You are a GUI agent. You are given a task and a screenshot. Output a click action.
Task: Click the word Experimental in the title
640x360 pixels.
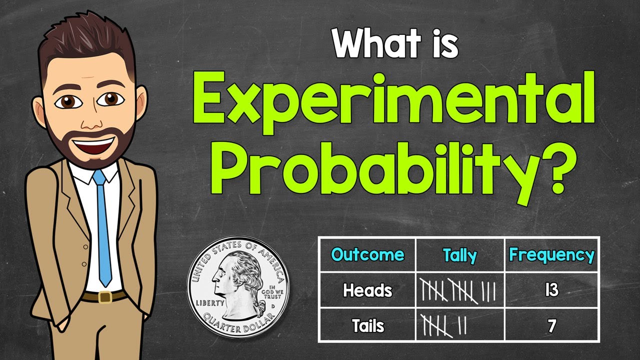click(x=393, y=99)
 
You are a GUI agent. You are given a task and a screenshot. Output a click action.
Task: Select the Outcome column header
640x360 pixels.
click(x=367, y=255)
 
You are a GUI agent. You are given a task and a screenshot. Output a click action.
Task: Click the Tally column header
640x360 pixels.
click(x=460, y=255)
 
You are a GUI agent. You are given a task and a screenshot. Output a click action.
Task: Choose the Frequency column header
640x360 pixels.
click(x=551, y=255)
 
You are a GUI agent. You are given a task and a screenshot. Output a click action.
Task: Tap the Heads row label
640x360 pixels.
click(x=367, y=290)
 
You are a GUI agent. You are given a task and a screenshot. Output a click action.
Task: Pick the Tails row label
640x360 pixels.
click(x=367, y=326)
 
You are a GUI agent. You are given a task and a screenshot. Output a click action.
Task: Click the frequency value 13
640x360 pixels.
click(x=551, y=290)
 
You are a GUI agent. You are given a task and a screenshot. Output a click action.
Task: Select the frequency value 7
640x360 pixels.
click(x=551, y=326)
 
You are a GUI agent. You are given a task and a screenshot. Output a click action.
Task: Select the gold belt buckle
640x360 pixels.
click(x=104, y=297)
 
